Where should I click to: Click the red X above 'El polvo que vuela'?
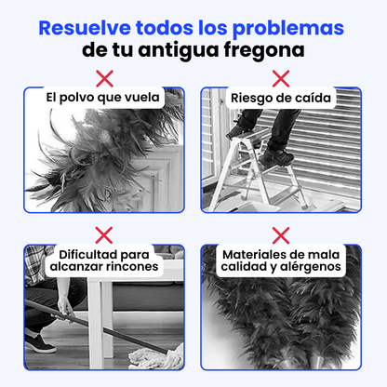click(x=105, y=75)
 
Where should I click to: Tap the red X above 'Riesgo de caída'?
click(x=280, y=75)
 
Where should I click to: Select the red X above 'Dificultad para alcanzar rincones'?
click(x=105, y=234)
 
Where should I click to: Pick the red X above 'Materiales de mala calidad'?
click(x=280, y=234)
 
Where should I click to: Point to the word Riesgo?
click(x=250, y=96)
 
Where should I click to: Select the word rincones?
click(x=131, y=267)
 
